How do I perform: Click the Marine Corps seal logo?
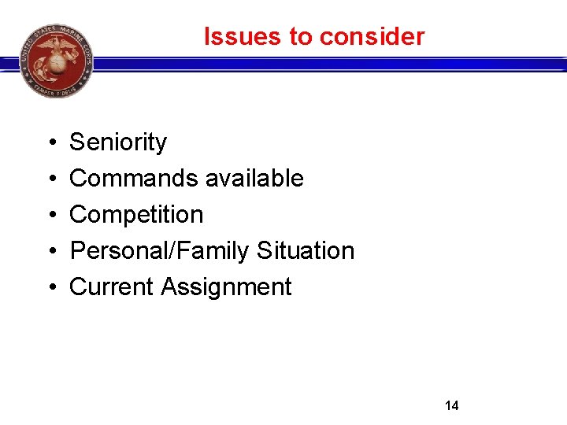pos(56,60)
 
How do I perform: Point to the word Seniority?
pos(118,142)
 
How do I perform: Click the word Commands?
pos(134,179)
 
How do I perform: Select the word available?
pos(254,179)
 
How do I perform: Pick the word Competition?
pos(136,215)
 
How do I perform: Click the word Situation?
pos(306,251)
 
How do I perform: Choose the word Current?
pos(112,287)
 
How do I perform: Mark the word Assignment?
pos(226,287)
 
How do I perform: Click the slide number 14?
pos(452,406)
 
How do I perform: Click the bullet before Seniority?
pos(50,143)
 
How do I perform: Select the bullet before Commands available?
pos(50,179)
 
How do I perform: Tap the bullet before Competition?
pos(50,216)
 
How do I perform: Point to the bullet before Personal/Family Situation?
pos(50,252)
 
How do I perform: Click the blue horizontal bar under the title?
pos(331,64)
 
